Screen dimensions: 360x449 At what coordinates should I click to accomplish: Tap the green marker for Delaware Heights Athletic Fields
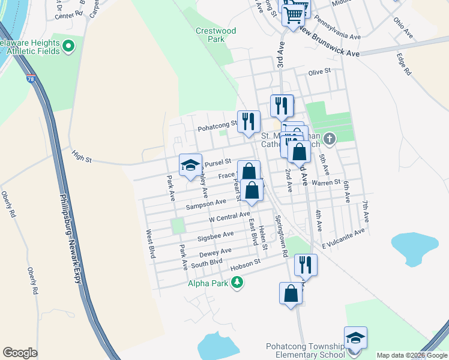click(68, 45)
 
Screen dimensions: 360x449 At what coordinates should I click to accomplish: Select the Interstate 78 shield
click(31, 79)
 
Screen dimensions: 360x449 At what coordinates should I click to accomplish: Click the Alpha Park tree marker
click(238, 282)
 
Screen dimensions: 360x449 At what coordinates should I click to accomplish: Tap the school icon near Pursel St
click(190, 165)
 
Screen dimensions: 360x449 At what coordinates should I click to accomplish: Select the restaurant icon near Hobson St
click(306, 265)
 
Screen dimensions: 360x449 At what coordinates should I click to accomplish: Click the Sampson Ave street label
click(205, 205)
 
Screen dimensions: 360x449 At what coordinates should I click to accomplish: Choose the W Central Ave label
click(229, 215)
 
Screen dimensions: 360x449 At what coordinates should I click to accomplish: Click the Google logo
click(20, 353)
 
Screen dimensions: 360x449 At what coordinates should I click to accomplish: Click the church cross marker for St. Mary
click(328, 139)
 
